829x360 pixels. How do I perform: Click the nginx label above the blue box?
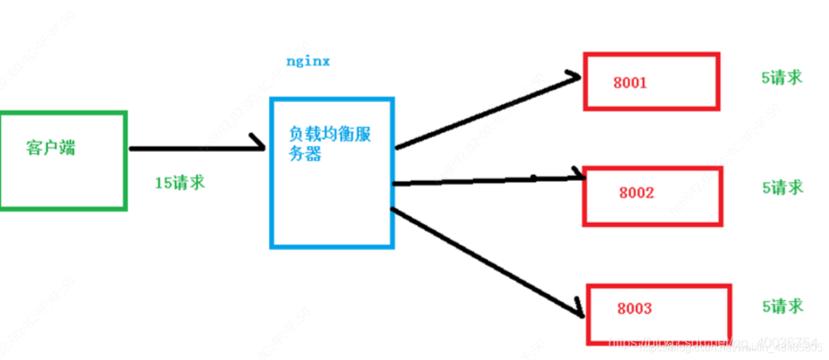[308, 61]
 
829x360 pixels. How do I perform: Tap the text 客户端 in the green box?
[50, 148]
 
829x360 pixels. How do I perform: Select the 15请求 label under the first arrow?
[180, 182]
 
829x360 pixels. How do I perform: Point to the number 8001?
[630, 83]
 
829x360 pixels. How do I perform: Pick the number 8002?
[636, 192]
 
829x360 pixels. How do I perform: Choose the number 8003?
[634, 309]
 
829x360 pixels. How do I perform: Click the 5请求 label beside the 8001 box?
[782, 77]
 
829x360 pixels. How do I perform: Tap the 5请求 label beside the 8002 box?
[783, 187]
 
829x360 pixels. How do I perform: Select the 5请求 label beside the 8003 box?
[782, 305]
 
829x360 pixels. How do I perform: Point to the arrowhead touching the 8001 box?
[575, 75]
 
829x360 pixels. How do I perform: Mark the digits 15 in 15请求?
[164, 182]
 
